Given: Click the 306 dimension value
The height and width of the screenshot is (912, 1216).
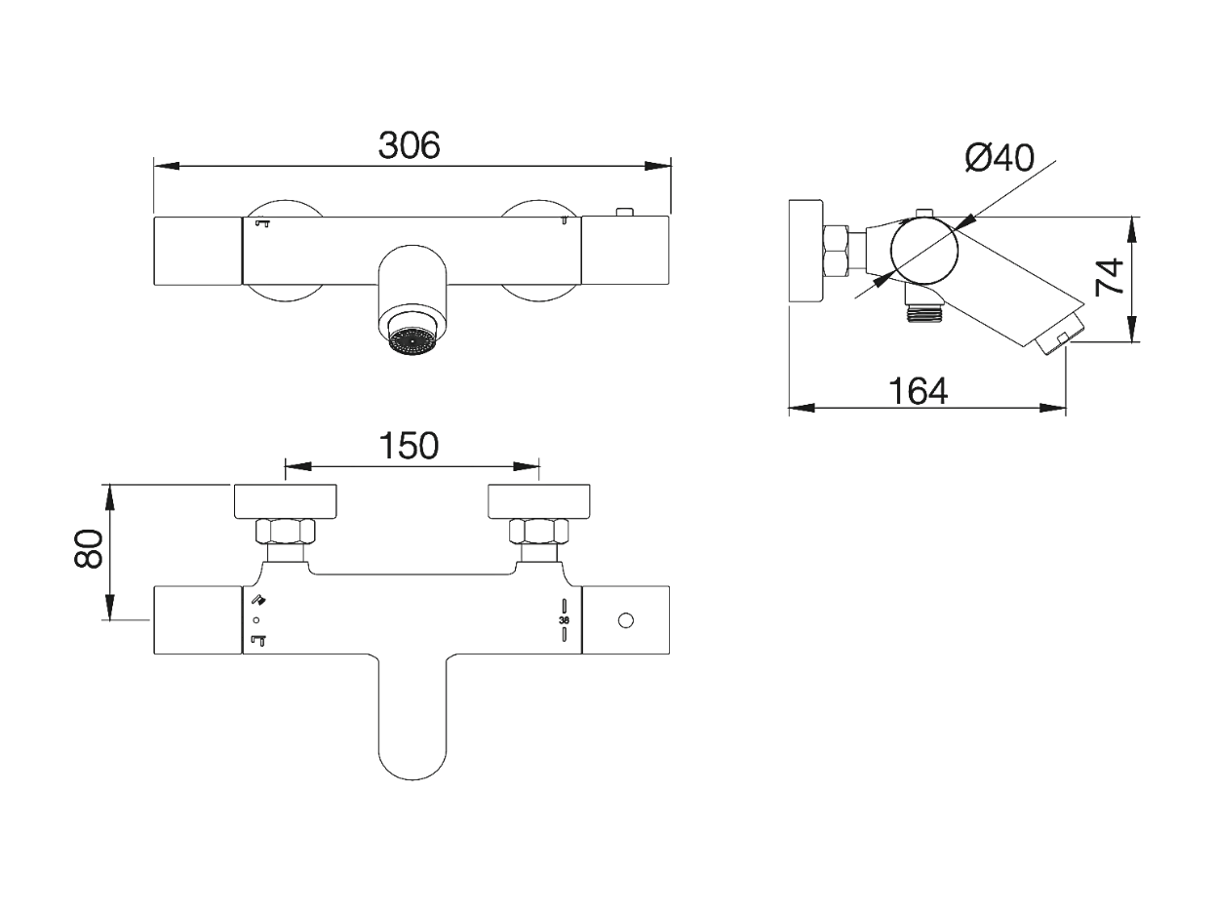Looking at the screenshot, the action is (409, 145).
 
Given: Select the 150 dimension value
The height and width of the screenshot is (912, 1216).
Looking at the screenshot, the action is (409, 446).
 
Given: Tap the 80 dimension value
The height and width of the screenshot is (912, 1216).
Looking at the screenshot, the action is (89, 548).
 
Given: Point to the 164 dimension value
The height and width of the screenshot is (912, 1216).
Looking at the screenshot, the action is (918, 391).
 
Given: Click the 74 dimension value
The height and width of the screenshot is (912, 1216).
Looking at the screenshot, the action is (1109, 276).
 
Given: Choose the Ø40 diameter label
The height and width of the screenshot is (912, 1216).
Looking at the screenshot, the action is (999, 157).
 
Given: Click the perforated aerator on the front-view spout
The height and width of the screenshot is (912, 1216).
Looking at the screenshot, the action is (412, 340).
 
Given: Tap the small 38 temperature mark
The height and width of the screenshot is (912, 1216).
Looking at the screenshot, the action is (564, 620).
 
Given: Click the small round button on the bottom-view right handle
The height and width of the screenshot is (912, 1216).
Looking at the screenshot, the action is (625, 620).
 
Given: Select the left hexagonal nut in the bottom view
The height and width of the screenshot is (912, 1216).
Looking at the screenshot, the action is (286, 532).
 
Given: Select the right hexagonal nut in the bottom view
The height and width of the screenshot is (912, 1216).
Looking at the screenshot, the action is (539, 532).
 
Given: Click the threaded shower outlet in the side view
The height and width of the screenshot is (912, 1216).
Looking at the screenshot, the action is (922, 314).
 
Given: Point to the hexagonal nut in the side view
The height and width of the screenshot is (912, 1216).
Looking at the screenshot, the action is (837, 252).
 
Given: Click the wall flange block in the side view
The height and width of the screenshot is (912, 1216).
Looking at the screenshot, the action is (804, 252).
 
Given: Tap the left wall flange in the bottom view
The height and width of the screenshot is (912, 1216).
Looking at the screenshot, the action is (286, 502).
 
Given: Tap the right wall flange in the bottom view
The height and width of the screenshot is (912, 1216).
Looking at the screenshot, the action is (539, 502).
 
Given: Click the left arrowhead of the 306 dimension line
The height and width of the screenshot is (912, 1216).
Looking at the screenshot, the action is (167, 166).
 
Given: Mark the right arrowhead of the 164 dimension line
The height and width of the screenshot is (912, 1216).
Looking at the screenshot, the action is (1052, 409).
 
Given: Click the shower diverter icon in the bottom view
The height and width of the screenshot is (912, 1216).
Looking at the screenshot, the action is (258, 600).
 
